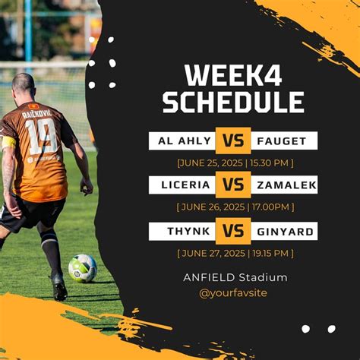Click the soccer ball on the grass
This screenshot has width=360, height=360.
[x=83, y=268]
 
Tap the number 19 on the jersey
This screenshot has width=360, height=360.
[x=41, y=136]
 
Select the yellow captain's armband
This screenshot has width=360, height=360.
[x=8, y=142]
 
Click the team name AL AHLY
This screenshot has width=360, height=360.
[x=185, y=141]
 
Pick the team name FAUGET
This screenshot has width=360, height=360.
[x=282, y=141]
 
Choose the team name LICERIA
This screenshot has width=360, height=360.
[x=186, y=185]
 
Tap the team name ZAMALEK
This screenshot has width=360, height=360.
[x=286, y=185]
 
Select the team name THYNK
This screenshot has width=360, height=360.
[x=188, y=231]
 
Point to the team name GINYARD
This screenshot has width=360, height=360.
[x=286, y=232]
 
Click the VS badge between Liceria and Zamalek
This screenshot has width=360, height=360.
[x=233, y=185]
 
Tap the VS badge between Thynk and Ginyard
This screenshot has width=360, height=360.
[x=233, y=231]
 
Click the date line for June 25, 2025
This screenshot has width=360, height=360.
[x=235, y=163]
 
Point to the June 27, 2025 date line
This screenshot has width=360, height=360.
[x=235, y=253]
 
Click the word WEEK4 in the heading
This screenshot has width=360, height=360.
[x=233, y=76]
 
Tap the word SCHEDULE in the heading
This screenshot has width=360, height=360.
[x=233, y=102]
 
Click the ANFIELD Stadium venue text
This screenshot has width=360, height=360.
[x=235, y=277]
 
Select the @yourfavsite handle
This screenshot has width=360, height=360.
[x=233, y=293]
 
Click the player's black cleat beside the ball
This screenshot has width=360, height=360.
[x=59, y=287]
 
